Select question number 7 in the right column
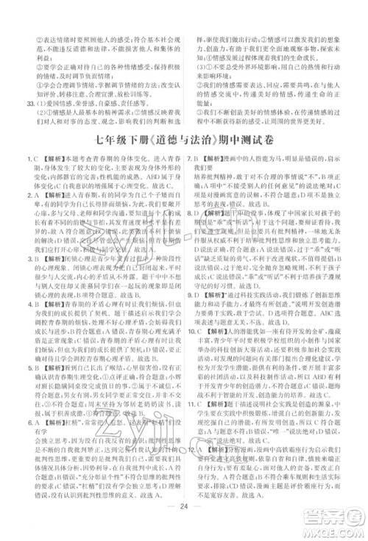pyautogui.click(x=190, y=159)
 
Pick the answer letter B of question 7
pyautogui.click(x=199, y=159)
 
